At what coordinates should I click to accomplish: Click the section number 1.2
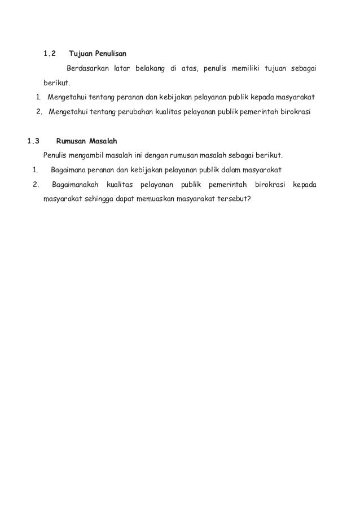[50, 54]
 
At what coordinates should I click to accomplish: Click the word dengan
[149, 155]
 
